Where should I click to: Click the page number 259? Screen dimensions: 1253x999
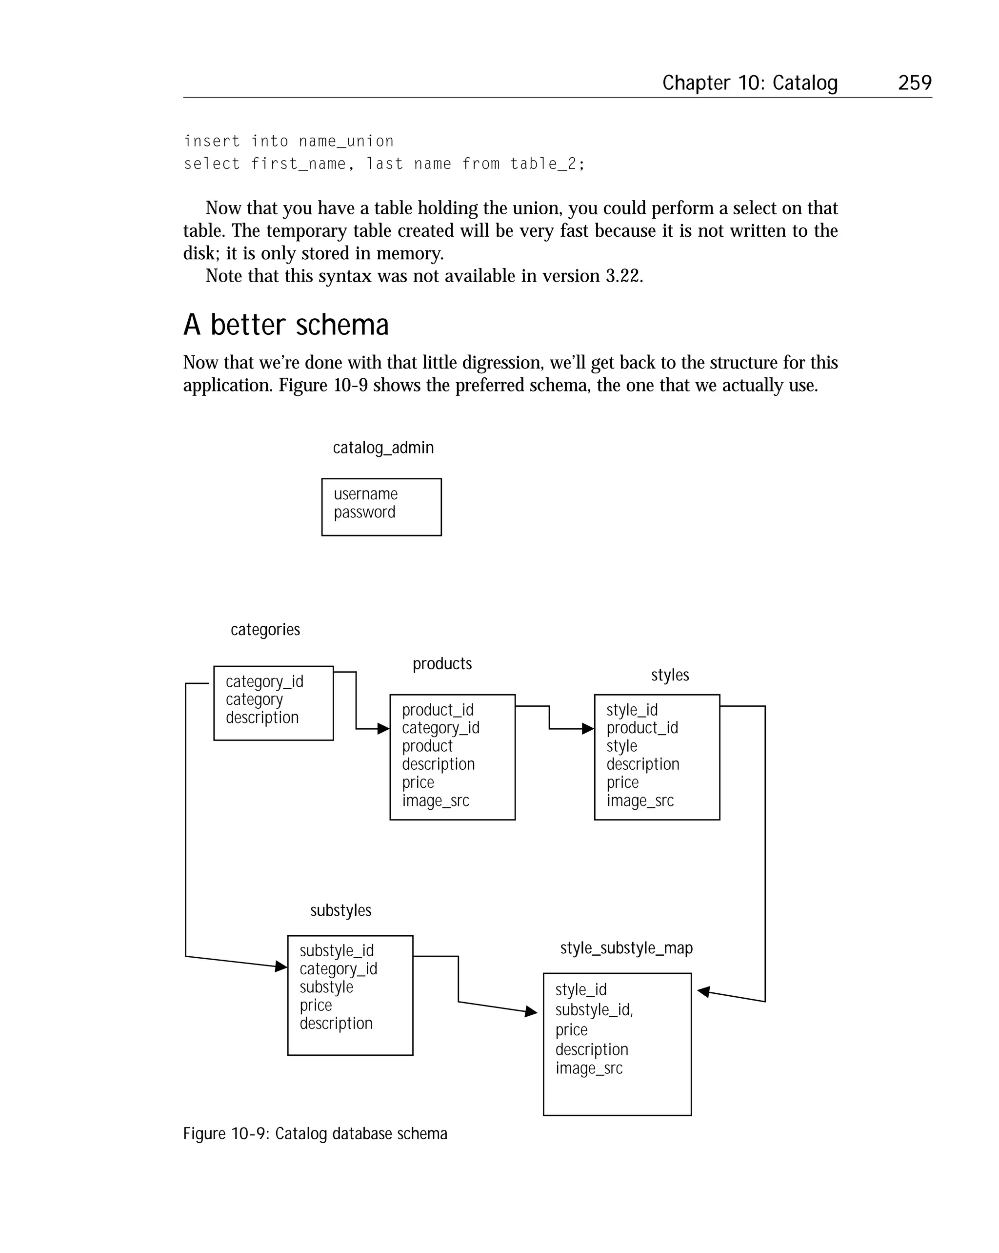[x=914, y=82]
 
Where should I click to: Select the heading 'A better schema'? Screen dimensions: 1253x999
[x=286, y=325]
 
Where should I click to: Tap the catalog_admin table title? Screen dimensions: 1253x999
[x=383, y=448]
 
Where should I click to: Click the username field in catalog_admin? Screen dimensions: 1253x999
[x=365, y=494]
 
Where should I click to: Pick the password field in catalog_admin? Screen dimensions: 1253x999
[x=364, y=512]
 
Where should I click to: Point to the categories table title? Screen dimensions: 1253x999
[x=265, y=629]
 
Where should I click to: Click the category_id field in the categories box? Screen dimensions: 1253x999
[x=264, y=681]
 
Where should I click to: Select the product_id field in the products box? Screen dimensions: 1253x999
[x=438, y=710]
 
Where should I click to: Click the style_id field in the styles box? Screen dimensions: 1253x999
[x=632, y=710]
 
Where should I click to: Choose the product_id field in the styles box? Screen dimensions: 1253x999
[x=642, y=728]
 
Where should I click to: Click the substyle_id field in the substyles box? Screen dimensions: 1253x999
[x=336, y=951]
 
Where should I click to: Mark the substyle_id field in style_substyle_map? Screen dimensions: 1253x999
[x=594, y=1010]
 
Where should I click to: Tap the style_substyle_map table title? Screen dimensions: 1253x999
[x=626, y=948]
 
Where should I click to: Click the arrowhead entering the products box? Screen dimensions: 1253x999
[x=383, y=729]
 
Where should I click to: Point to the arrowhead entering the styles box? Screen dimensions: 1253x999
[x=588, y=729]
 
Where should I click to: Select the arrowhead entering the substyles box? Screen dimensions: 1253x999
[x=281, y=966]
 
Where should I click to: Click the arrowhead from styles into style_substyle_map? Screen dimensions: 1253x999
[x=703, y=991]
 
